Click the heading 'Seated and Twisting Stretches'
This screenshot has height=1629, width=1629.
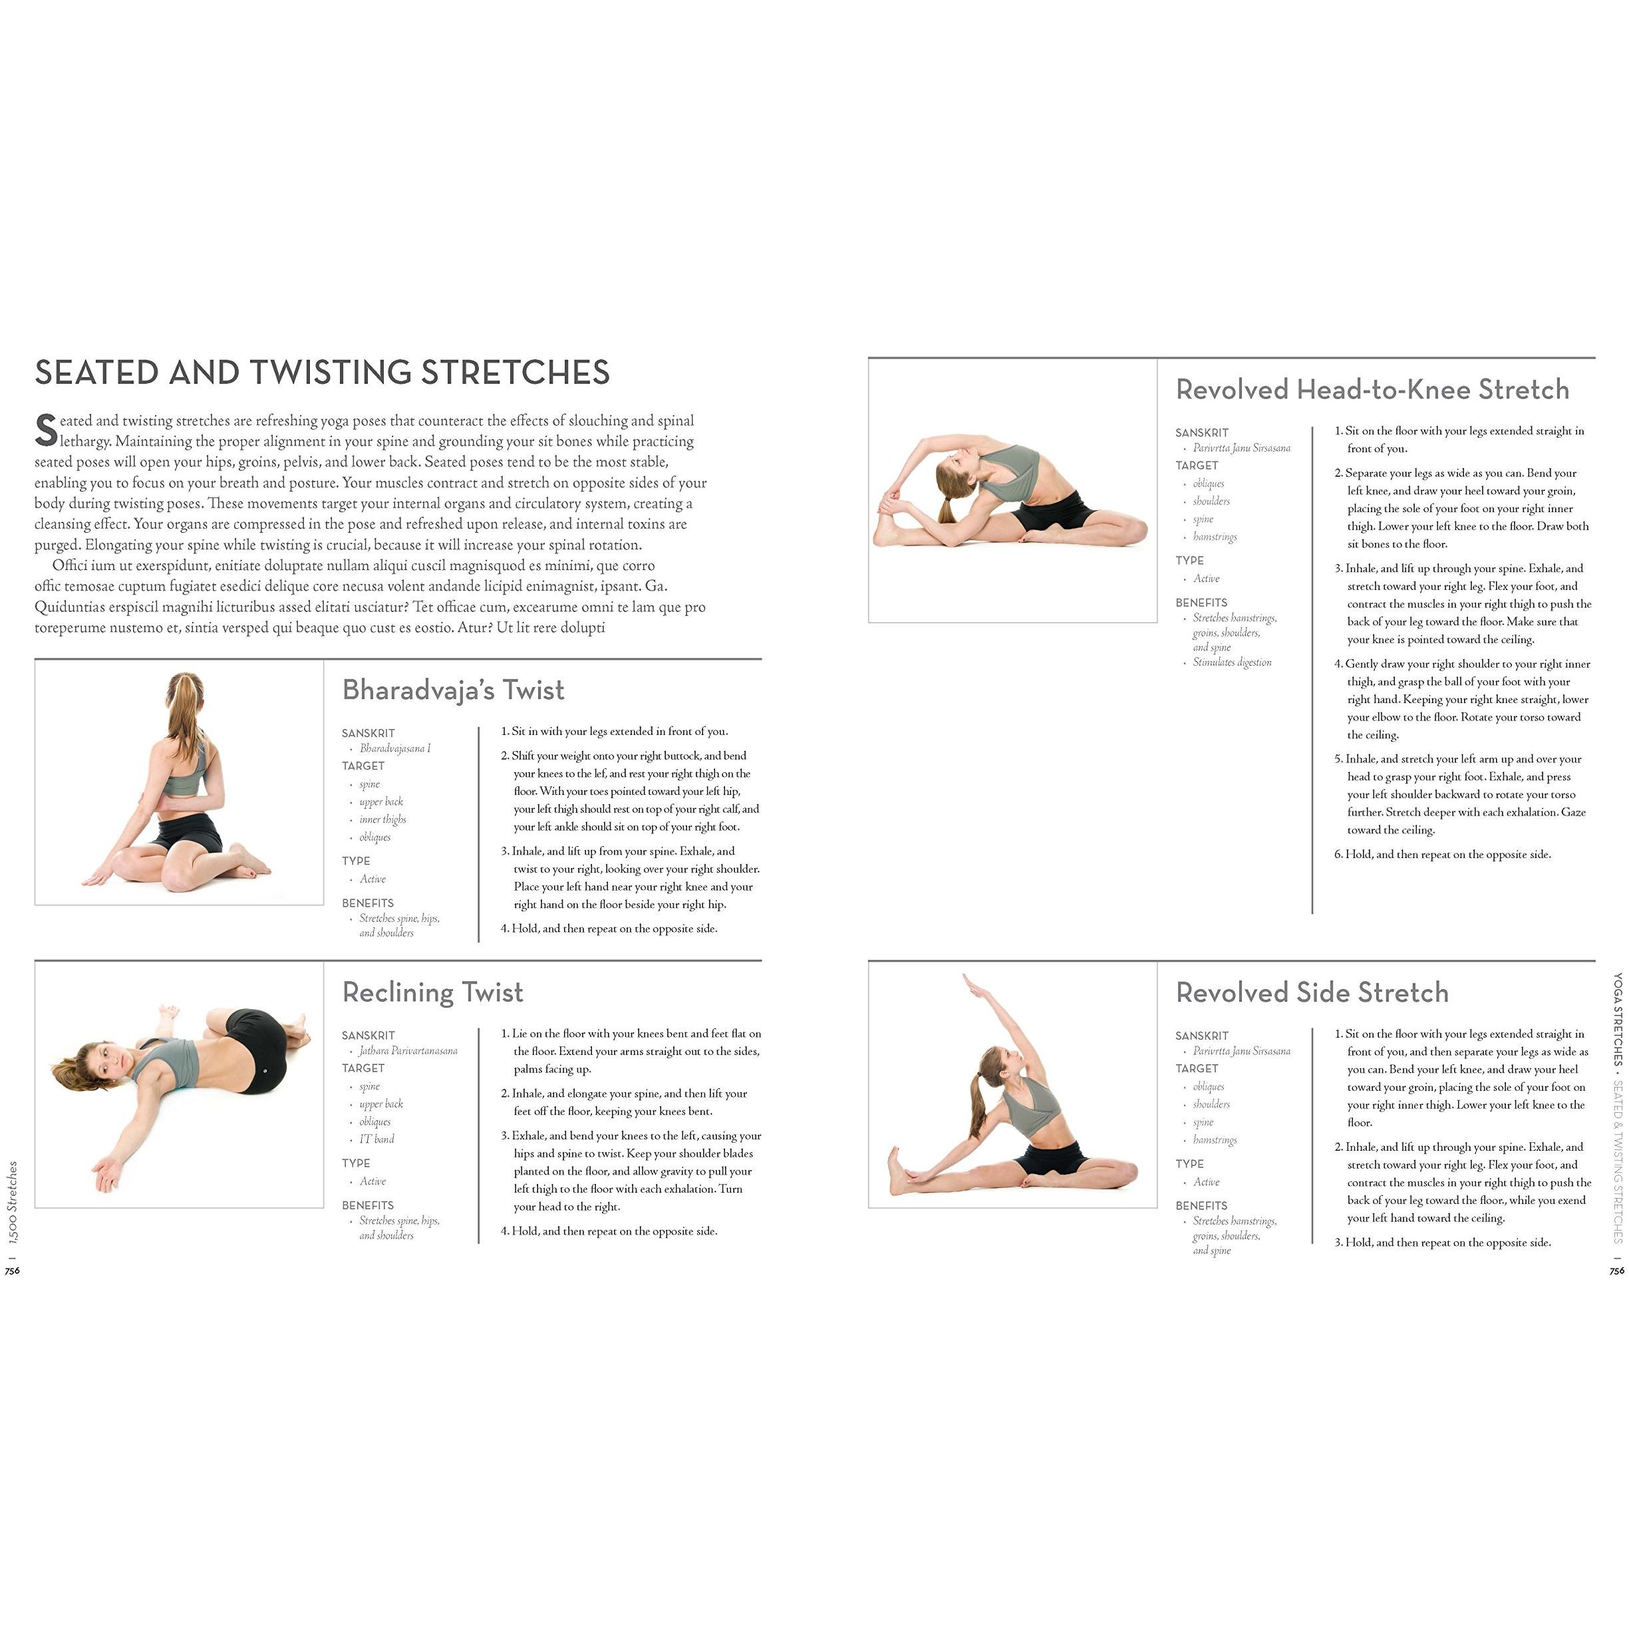coord(322,372)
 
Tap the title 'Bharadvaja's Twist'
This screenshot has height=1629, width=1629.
coord(454,690)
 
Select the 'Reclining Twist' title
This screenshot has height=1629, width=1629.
coord(432,992)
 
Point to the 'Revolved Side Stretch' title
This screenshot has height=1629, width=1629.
coord(1312,992)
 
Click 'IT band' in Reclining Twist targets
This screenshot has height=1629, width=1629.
coord(377,1139)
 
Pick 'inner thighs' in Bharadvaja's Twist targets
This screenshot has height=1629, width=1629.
coord(382,819)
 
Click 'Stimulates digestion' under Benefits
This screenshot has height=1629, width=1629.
coord(1232,663)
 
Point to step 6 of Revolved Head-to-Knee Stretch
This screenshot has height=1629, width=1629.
coord(1443,854)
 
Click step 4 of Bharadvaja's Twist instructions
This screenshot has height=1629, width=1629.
coord(609,929)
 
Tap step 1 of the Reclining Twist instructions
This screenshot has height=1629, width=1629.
coord(631,1052)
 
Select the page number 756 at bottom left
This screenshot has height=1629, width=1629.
coord(12,1270)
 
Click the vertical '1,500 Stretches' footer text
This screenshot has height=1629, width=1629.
coord(12,1201)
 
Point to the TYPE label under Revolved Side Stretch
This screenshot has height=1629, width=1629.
coord(1190,1163)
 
